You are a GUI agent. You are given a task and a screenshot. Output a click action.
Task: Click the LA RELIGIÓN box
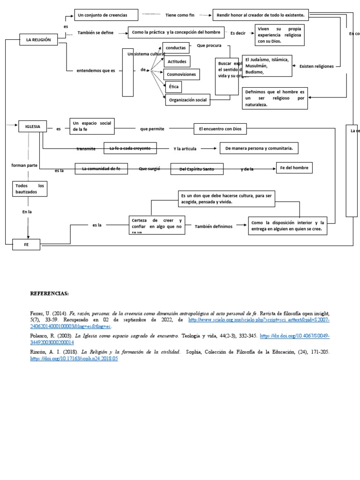click(38, 40)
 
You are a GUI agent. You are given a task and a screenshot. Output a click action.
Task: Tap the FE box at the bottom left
click(26, 244)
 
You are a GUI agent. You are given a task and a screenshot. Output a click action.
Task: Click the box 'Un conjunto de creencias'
click(107, 15)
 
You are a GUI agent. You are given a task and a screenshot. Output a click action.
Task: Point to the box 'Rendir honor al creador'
click(261, 15)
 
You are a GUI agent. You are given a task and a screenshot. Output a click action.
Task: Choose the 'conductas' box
click(176, 48)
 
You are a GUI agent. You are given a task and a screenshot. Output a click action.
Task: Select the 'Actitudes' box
click(176, 61)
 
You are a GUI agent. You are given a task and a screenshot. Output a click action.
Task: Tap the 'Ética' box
click(173, 87)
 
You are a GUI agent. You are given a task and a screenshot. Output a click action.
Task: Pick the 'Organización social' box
click(187, 100)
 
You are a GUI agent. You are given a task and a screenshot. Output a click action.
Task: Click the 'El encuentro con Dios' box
click(220, 128)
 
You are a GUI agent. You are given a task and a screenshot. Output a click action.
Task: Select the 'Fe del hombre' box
click(294, 167)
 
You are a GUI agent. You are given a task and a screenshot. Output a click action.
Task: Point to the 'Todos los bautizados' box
click(30, 189)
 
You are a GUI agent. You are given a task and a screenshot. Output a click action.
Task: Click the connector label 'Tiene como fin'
click(180, 15)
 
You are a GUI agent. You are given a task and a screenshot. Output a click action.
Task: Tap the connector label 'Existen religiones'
click(316, 67)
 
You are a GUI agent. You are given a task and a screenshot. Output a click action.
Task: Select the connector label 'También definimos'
click(213, 226)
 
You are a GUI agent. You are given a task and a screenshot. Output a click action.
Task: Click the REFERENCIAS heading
click(49, 293)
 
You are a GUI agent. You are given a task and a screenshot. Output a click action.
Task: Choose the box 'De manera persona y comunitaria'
click(259, 148)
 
